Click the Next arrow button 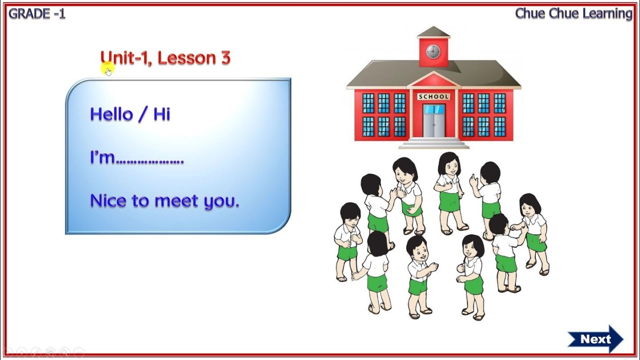click(x=595, y=339)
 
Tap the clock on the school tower click(x=433, y=51)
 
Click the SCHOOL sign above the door click(x=433, y=96)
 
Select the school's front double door click(x=433, y=121)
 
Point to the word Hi click(x=161, y=114)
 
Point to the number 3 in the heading click(x=225, y=58)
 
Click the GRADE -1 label click(x=37, y=14)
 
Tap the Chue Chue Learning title click(x=573, y=13)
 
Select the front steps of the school click(x=433, y=143)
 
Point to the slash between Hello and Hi click(x=142, y=114)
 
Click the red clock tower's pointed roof click(x=433, y=31)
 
